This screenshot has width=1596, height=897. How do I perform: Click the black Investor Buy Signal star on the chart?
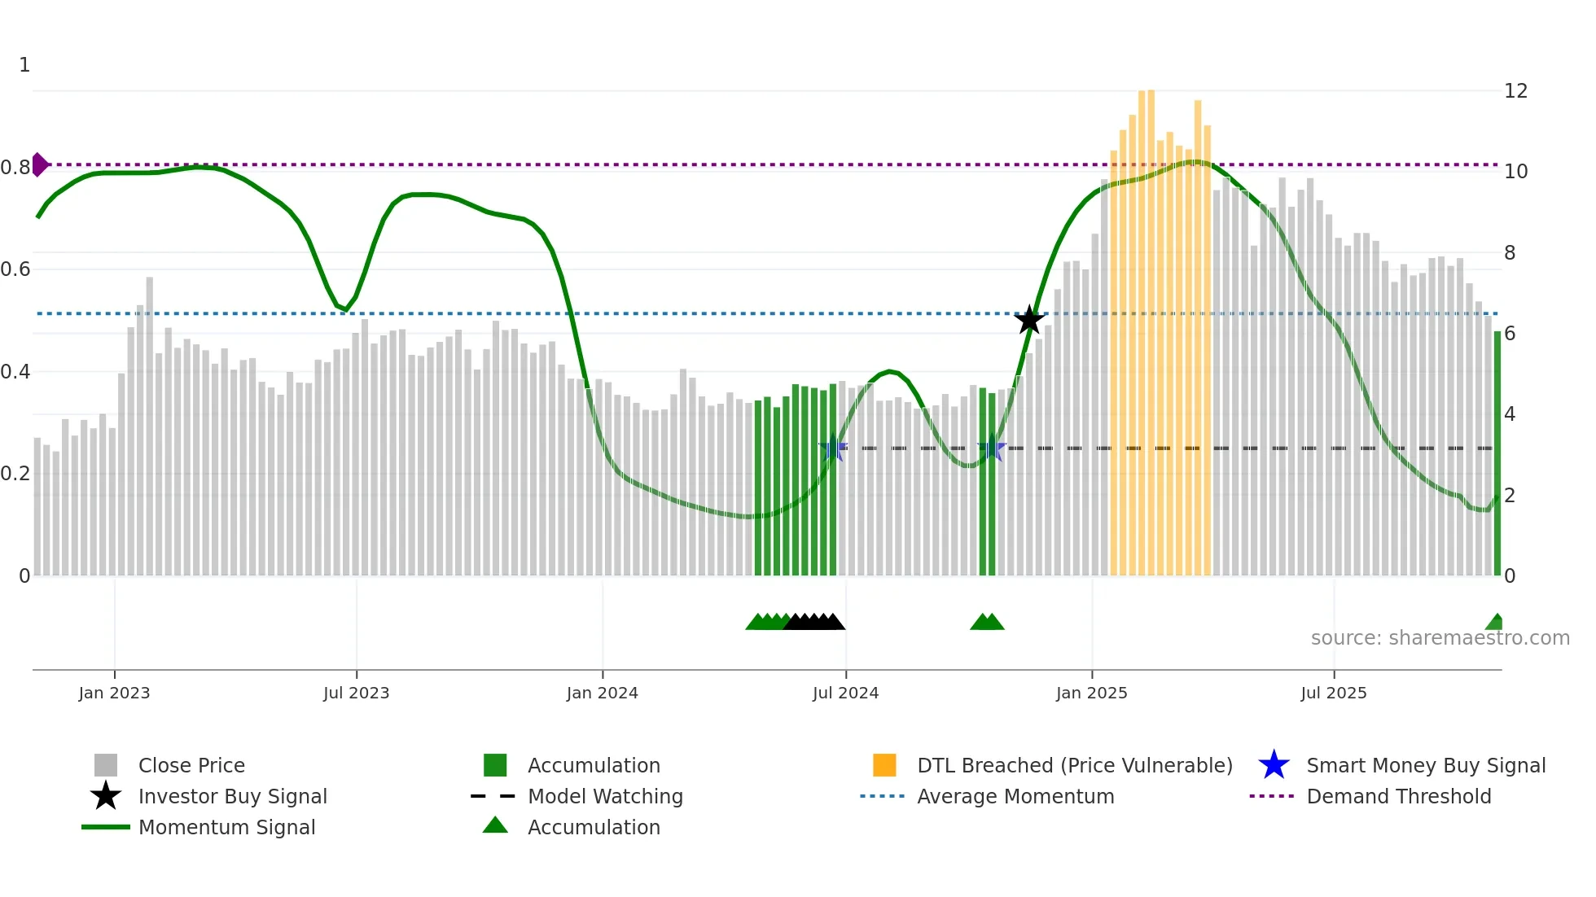click(1029, 320)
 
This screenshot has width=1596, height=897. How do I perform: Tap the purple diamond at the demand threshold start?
click(39, 164)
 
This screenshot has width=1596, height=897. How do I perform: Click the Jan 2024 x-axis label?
click(602, 694)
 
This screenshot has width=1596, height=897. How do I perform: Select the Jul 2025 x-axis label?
click(1333, 694)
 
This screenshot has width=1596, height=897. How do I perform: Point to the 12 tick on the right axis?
click(1515, 91)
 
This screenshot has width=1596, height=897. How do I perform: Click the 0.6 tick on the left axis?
click(16, 269)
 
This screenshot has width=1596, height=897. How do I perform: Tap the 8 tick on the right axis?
click(1510, 253)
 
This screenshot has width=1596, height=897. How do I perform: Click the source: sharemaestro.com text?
click(1440, 638)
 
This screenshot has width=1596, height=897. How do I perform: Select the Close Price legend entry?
click(191, 766)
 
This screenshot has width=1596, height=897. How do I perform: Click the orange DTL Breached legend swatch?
click(884, 765)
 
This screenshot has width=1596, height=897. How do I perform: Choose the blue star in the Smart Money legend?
click(1274, 765)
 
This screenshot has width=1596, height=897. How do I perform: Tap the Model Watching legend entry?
click(605, 797)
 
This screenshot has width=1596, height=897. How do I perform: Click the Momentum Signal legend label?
click(226, 828)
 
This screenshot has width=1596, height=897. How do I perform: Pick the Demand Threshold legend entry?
click(1398, 797)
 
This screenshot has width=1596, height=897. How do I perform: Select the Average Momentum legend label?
click(1015, 797)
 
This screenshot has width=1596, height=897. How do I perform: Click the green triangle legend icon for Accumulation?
click(495, 825)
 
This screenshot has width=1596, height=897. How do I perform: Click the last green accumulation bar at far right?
click(1497, 453)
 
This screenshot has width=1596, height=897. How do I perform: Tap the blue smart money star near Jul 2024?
click(832, 449)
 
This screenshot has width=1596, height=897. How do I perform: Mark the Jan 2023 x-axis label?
click(114, 694)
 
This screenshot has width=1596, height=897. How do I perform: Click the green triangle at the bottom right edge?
click(1495, 623)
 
